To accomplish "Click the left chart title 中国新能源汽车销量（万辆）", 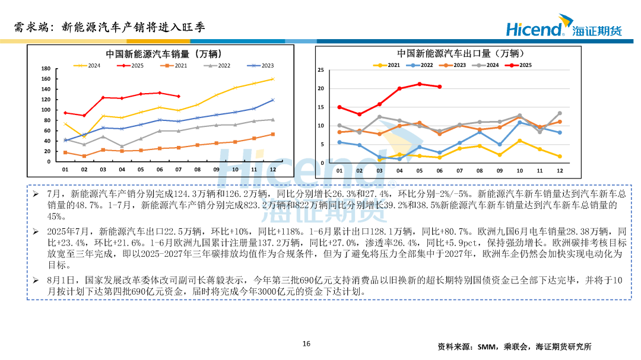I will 164,54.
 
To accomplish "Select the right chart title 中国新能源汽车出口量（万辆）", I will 458,53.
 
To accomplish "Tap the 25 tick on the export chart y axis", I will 321,71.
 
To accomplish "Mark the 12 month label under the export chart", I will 559,171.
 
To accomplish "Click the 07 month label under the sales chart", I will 179,170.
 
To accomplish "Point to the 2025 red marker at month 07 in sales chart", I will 179,96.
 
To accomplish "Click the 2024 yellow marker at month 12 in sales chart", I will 272,79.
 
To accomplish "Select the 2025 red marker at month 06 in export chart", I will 439,87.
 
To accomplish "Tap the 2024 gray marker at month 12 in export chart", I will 559,113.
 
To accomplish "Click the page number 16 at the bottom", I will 306,343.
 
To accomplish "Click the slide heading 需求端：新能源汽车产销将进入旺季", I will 110,27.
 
